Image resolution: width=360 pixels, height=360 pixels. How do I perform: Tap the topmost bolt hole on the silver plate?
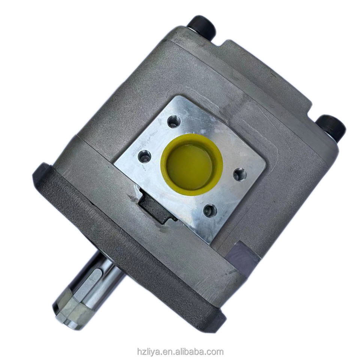click(173, 122)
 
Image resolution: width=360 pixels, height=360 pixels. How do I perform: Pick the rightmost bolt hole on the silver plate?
click(240, 174)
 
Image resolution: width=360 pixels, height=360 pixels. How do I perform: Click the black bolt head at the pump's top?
click(202, 27)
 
